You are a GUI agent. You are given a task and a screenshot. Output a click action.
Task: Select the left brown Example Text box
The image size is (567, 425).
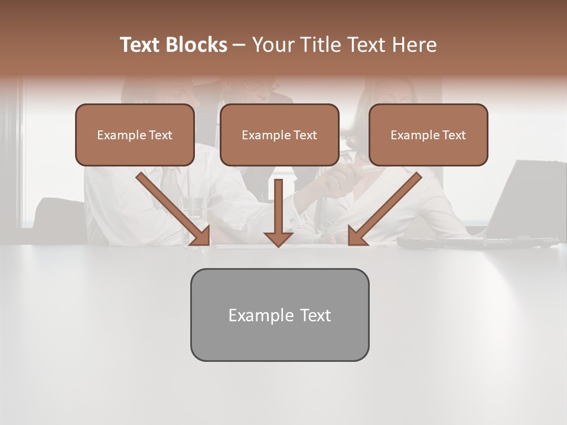click(135, 135)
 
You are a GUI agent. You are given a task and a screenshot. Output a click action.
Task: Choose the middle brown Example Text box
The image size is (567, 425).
click(279, 135)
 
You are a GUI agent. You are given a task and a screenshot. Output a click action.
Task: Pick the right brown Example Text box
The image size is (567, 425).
click(428, 135)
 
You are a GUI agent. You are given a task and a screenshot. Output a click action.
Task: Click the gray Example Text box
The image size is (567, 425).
click(279, 315)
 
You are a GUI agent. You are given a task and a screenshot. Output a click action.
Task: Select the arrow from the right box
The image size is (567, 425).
click(385, 208)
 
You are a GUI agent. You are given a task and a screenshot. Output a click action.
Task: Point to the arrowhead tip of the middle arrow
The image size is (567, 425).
click(278, 246)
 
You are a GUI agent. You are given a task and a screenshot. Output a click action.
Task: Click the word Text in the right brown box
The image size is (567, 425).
click(454, 135)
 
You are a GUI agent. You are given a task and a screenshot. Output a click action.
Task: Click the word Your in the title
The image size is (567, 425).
click(272, 45)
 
